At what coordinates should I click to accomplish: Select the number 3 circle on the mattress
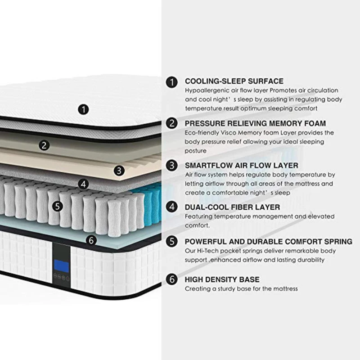pos(119,170)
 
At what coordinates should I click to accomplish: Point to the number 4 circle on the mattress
pos(83,184)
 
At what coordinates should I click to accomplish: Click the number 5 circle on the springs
pos(57,206)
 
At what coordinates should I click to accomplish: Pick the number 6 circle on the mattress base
pos(92,240)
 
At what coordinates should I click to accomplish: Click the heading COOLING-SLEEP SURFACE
pos(234,81)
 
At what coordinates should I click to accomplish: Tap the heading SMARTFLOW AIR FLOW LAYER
pos(241,165)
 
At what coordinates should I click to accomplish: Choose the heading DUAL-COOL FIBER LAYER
pos(232,207)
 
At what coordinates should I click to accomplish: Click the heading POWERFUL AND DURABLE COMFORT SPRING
pos(269,242)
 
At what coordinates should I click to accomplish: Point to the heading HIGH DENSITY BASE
pos(222,279)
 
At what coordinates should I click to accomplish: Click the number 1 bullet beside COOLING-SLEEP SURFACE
pos(171,82)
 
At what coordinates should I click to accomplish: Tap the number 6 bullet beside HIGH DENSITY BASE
pos(171,279)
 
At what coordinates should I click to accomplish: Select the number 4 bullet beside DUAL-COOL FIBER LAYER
pos(171,207)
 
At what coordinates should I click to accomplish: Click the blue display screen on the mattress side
pos(62,266)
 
